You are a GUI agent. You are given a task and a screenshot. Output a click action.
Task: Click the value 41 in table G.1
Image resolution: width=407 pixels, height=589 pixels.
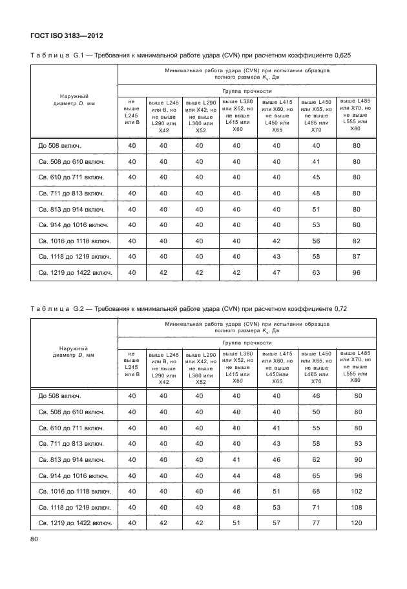[317, 161]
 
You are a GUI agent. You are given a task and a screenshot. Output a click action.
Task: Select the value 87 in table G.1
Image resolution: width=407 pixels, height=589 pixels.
[355, 256]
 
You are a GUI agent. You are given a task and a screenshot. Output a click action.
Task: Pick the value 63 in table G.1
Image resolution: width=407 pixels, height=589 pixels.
[317, 272]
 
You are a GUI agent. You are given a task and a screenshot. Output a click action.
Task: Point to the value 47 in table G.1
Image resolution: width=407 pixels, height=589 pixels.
[278, 272]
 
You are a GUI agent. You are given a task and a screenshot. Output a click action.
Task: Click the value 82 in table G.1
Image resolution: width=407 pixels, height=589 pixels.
[355, 241]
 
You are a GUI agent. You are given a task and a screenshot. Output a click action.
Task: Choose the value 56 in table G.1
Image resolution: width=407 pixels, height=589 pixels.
[317, 241]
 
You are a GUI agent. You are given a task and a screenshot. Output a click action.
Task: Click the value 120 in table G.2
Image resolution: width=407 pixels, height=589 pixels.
[355, 523]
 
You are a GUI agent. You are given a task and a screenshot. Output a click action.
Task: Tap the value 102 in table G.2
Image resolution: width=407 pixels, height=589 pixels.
[355, 491]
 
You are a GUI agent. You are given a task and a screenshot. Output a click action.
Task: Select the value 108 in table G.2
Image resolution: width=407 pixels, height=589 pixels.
[355, 507]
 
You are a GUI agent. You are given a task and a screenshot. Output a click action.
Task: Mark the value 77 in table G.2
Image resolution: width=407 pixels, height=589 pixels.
[317, 523]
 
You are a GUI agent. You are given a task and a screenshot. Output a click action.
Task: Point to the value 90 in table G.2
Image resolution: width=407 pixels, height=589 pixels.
[355, 459]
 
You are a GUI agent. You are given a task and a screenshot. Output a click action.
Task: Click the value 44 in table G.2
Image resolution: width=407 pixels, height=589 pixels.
[237, 475]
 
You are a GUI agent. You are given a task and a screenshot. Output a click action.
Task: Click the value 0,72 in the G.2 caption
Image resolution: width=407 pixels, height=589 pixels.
[338, 309]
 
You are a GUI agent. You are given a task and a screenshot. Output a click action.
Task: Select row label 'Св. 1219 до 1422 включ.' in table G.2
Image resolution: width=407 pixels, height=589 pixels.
[76, 523]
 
